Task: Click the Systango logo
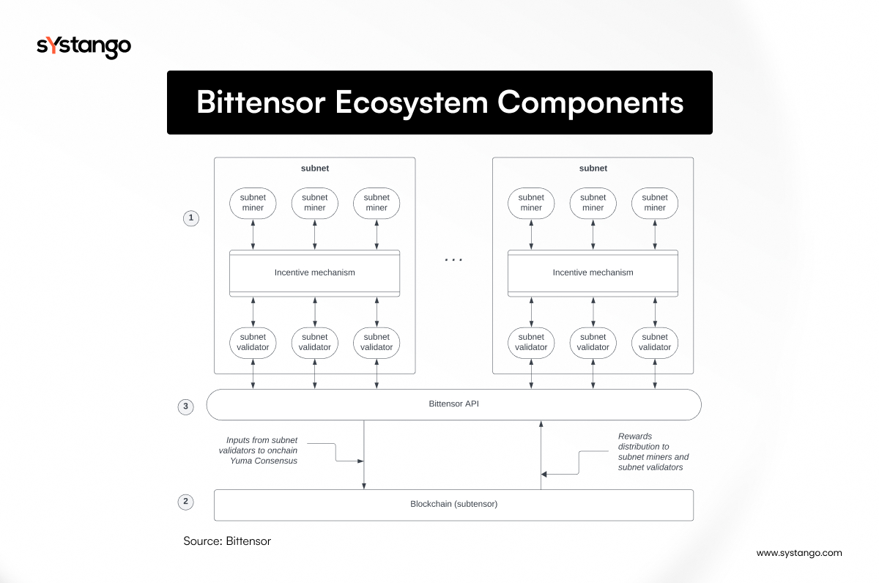pos(84,47)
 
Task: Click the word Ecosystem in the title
pos(411,103)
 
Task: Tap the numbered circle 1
pos(190,218)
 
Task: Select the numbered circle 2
pos(186,502)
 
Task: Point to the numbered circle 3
pos(186,406)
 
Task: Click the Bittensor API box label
pos(453,404)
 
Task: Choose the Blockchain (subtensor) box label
pos(453,504)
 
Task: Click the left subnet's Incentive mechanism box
pos(314,272)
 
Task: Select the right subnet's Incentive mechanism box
pos(593,272)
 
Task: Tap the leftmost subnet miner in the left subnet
pos(253,203)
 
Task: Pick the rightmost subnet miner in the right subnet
pos(655,203)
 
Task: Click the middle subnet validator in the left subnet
pos(315,342)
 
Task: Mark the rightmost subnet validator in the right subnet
pos(655,342)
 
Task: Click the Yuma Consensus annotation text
pos(262,450)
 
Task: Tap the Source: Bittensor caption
pos(227,541)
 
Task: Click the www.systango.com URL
pos(799,553)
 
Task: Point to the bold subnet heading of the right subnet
pos(593,168)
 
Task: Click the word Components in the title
pos(590,103)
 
